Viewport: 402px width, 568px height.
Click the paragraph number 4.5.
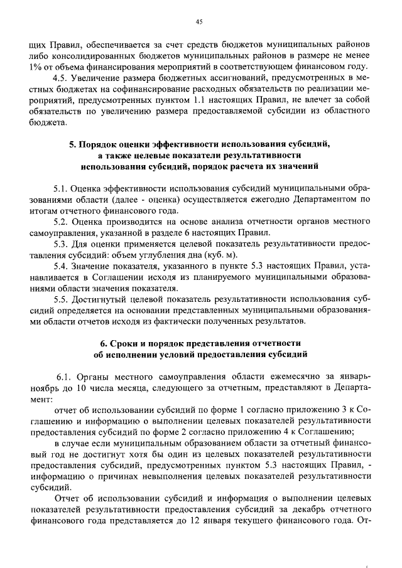coord(60,78)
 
